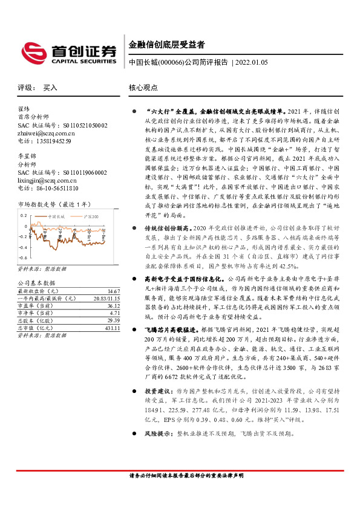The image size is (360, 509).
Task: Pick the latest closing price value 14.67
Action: click(113, 291)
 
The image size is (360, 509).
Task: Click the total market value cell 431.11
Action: click(112, 327)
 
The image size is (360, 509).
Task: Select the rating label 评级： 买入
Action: click(37, 88)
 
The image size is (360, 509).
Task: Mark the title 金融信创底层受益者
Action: click(166, 44)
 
